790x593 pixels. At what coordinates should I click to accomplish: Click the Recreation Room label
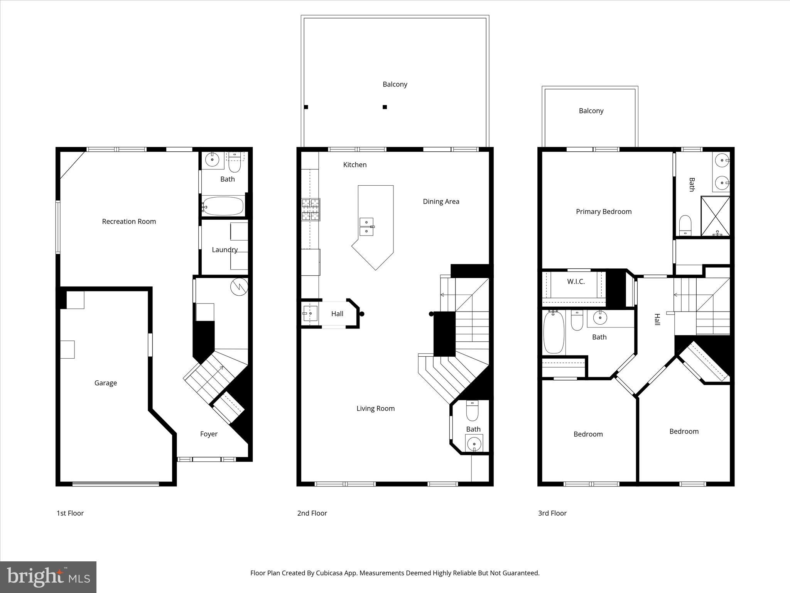[x=129, y=221]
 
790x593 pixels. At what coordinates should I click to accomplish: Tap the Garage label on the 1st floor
[x=105, y=383]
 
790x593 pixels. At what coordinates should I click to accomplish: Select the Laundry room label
[x=225, y=249]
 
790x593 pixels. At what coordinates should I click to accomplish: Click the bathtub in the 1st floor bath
[x=223, y=206]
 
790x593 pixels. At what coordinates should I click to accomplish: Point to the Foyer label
[x=209, y=434]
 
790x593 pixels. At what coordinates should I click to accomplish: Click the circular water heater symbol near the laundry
[x=239, y=287]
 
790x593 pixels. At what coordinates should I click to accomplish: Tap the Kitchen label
[x=354, y=164]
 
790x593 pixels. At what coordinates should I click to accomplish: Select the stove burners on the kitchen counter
[x=311, y=209]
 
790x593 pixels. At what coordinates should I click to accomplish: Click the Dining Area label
[x=441, y=201]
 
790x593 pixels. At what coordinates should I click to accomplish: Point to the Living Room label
[x=375, y=408]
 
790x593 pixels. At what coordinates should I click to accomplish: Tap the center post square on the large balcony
[x=385, y=107]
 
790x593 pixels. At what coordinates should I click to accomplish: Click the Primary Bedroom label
[x=604, y=211]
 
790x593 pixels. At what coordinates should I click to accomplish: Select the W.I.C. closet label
[x=576, y=281]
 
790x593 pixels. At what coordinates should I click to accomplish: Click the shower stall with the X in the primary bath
[x=715, y=215]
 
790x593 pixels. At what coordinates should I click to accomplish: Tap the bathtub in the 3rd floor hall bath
[x=554, y=332]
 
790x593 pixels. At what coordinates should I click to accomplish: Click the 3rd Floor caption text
[x=552, y=513]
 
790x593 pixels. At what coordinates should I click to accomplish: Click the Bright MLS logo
[x=48, y=577]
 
